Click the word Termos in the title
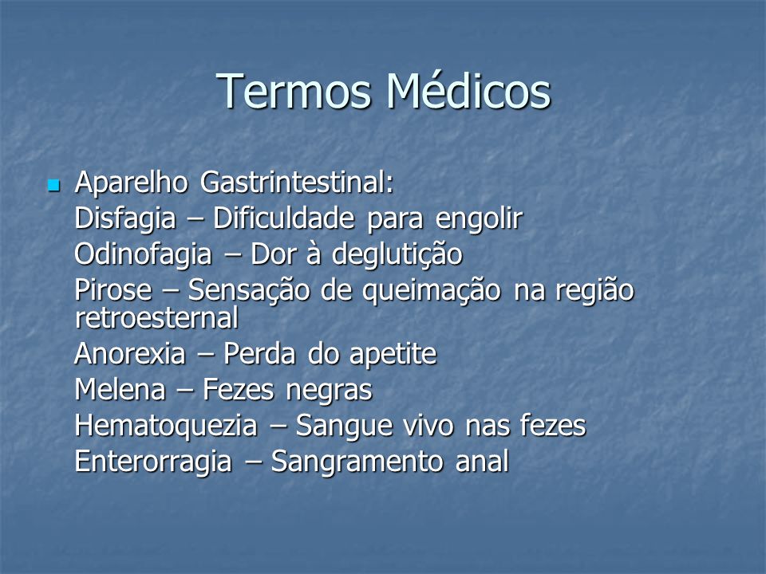[294, 91]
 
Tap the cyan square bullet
[53, 186]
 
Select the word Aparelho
[132, 183]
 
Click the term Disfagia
[125, 218]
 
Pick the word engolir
[479, 218]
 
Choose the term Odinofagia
[144, 255]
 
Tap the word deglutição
[397, 255]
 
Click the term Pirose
[113, 290]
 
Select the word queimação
[432, 291]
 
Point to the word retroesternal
[157, 318]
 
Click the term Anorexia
[130, 353]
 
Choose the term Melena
[120, 390]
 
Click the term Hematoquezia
[166, 426]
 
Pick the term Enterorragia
[153, 462]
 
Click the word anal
[482, 462]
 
